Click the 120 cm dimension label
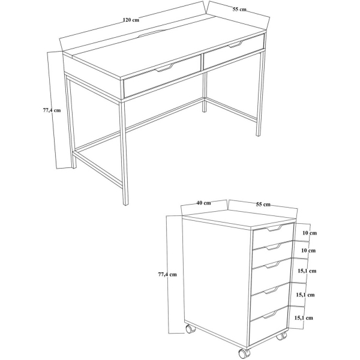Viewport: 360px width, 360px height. coord(131,20)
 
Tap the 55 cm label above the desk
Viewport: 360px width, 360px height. coord(239,10)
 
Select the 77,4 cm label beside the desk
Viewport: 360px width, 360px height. coord(52,110)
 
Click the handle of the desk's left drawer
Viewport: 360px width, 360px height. coord(164,68)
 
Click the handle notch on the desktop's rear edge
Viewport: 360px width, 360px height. coord(151,33)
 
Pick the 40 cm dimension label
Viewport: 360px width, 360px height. coord(203,203)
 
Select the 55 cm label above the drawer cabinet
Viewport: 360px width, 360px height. coord(263,204)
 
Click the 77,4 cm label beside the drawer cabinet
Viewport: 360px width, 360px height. coord(167,274)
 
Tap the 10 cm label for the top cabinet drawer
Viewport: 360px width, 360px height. coord(310,233)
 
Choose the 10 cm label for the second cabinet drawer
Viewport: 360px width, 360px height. coord(308,250)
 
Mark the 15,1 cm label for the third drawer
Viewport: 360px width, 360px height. coord(307,271)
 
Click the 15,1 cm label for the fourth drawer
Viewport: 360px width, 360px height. coord(305,295)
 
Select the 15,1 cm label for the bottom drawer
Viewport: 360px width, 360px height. coord(304,318)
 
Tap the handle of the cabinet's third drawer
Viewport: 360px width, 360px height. coord(271,265)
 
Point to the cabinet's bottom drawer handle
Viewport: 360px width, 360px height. coord(269,314)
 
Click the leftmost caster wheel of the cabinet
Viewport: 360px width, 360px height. coord(190,329)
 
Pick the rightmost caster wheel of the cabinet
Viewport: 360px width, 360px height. coord(282,336)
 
